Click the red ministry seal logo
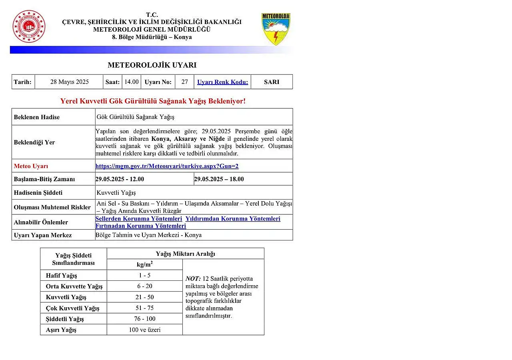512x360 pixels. pos(29,26)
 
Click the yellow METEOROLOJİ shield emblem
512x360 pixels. pos(276,28)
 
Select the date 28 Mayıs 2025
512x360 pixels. pos(69,82)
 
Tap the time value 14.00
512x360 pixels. pos(131,82)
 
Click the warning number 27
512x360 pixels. pos(184,82)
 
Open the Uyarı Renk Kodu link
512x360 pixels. pos(222,82)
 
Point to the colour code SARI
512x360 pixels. pos(272,82)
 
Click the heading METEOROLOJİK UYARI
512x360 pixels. pos(152,65)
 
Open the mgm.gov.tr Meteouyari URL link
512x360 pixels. pos(167,166)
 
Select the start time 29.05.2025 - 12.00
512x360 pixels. pos(120,179)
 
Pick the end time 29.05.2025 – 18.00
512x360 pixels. pos(219,179)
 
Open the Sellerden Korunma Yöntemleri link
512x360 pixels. pos(138,219)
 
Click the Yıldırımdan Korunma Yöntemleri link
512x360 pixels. pos(233,219)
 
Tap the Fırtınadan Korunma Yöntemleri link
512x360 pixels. pos(140,226)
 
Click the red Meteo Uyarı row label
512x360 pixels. pos(31,166)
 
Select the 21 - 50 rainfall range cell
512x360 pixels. pos(144,297)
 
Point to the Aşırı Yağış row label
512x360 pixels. pos(61,330)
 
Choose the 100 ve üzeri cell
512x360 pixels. pos(144,330)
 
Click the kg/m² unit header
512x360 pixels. pos(144,264)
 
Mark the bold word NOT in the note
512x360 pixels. pos(193,279)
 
